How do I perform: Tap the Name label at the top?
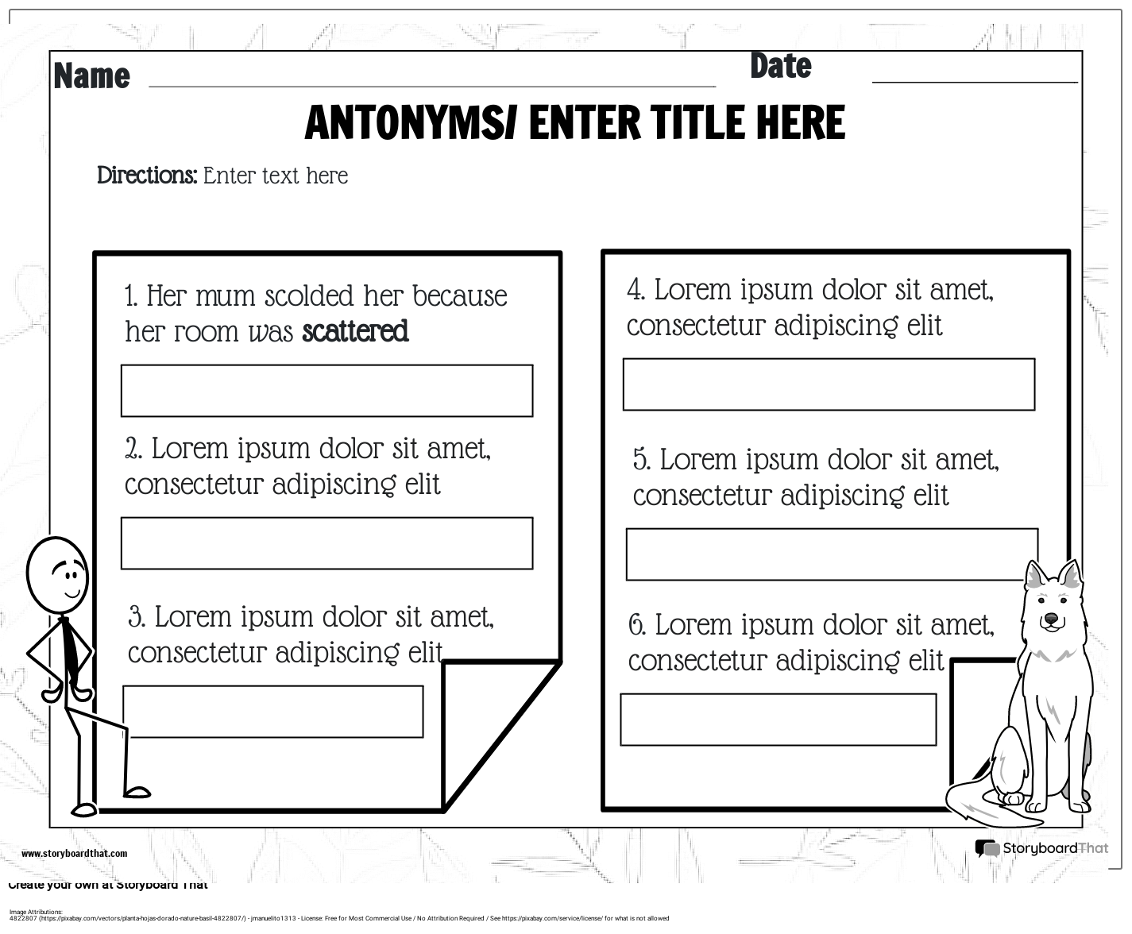coord(91,76)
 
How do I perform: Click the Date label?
coord(780,67)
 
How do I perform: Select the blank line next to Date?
coord(974,79)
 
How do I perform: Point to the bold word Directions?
coord(146,176)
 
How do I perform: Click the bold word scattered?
coord(355,331)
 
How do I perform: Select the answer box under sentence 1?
coord(326,391)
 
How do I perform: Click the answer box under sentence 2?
coord(326,543)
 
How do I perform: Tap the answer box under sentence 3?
coord(273,712)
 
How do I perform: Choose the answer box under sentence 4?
coord(829,384)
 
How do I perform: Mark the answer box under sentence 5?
coord(832,554)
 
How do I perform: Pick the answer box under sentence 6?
coord(778,720)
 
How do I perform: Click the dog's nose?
coord(1051,618)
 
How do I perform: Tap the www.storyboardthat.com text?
coord(74,854)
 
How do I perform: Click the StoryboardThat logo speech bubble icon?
coord(987,849)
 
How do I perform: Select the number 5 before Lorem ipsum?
coord(641,460)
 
